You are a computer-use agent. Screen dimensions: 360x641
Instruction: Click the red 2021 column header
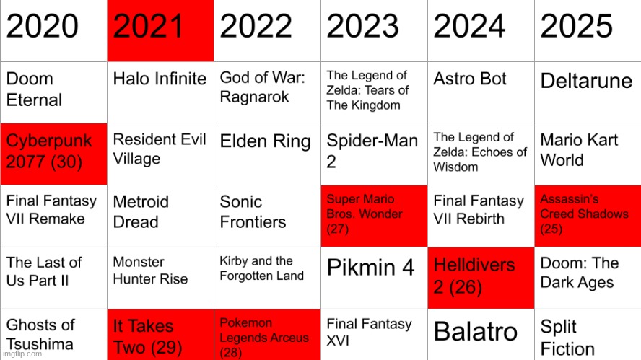pyautogui.click(x=160, y=30)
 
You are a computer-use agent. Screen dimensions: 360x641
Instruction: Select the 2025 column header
pyautogui.click(x=588, y=30)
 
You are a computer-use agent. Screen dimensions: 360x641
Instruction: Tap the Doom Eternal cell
pyautogui.click(x=53, y=92)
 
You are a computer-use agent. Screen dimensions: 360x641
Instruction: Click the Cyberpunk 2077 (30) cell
pyautogui.click(x=53, y=154)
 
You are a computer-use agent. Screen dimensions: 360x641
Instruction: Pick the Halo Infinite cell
pyautogui.click(x=160, y=92)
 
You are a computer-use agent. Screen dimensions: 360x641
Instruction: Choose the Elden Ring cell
pyautogui.click(x=267, y=154)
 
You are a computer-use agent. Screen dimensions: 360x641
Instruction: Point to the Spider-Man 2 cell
pyautogui.click(x=374, y=154)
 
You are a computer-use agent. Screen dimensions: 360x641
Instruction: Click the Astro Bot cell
pyautogui.click(x=481, y=92)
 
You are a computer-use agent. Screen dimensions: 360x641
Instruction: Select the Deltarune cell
pyautogui.click(x=588, y=92)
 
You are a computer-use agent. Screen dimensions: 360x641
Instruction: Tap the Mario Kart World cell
pyautogui.click(x=588, y=154)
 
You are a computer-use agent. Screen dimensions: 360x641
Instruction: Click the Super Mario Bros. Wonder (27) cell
pyautogui.click(x=374, y=215)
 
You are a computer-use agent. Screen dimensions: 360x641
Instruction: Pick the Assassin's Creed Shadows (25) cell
pyautogui.click(x=588, y=215)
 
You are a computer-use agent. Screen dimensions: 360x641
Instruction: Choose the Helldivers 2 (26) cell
pyautogui.click(x=481, y=277)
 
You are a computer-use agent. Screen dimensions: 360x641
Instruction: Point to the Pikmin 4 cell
pyautogui.click(x=374, y=277)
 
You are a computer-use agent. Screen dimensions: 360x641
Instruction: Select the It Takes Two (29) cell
pyautogui.click(x=160, y=335)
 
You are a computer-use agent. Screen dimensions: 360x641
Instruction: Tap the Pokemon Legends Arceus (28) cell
pyautogui.click(x=267, y=335)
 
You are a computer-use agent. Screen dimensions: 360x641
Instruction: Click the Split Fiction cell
pyautogui.click(x=588, y=335)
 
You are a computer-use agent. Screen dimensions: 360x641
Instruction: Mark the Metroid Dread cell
pyautogui.click(x=160, y=215)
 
